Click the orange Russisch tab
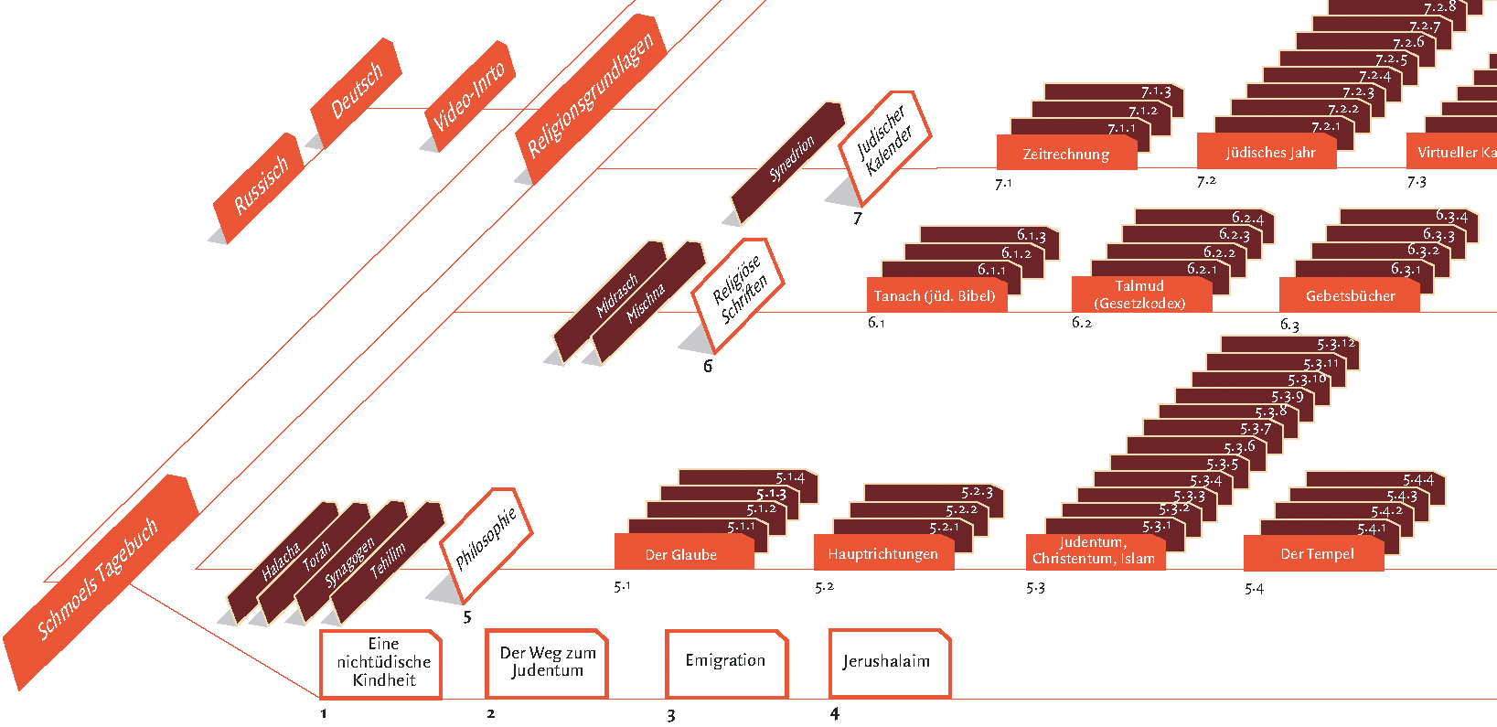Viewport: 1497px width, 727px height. pyautogui.click(x=260, y=186)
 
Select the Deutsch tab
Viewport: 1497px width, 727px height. pyautogui.click(x=356, y=91)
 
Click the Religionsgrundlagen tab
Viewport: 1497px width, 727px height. pyautogui.click(x=591, y=95)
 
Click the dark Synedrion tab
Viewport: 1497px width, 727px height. pyautogui.click(x=790, y=160)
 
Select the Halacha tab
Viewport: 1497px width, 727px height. pyautogui.click(x=281, y=561)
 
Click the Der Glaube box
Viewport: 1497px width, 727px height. pyautogui.click(x=682, y=554)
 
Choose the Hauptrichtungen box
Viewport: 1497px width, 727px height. pyautogui.click(x=882, y=554)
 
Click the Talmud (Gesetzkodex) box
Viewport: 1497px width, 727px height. pyautogui.click(x=1140, y=294)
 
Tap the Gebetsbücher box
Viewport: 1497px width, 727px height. pyautogui.click(x=1350, y=296)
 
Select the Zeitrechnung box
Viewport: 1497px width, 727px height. pyautogui.click(x=1066, y=155)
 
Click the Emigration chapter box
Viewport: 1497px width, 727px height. pyautogui.click(x=726, y=661)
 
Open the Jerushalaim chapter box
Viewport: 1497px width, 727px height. pyautogui.click(x=888, y=661)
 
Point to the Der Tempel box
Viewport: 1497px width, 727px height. pyautogui.click(x=1316, y=554)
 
